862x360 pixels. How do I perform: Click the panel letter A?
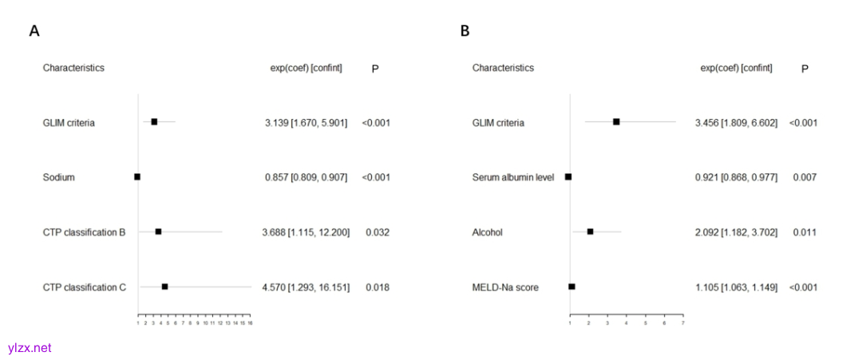point(34,31)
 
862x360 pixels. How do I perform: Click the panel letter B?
point(465,31)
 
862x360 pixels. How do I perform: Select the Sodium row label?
point(59,177)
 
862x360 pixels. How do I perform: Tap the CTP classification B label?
point(85,232)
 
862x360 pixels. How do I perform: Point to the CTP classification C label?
point(85,287)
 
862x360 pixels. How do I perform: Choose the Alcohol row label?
point(487,232)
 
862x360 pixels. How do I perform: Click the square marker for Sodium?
point(137,176)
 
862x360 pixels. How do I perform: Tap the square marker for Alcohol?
point(590,231)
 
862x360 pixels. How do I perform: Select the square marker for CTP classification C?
point(164,287)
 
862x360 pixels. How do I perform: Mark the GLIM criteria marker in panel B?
point(616,121)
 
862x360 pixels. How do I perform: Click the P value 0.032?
point(378,232)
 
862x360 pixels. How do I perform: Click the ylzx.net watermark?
point(30,348)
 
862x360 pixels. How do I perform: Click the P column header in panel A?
point(374,69)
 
